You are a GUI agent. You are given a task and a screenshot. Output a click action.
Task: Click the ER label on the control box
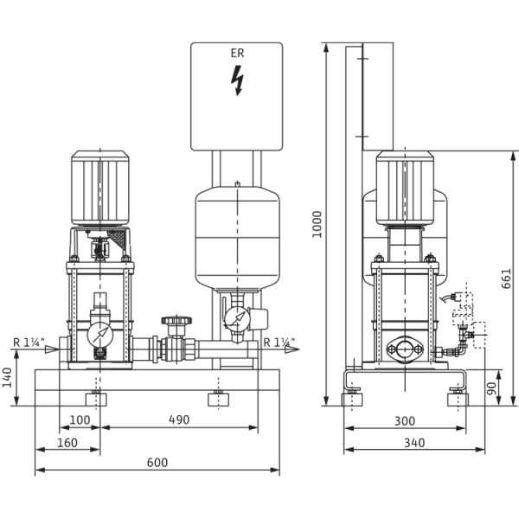tap(236, 54)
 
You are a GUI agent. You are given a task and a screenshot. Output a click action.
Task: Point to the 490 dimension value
tap(178, 420)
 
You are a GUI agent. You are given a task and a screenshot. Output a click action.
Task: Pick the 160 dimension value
tap(66, 442)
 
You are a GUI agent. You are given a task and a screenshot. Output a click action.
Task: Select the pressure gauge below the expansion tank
tap(232, 318)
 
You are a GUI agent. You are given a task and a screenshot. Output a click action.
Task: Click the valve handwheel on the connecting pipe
tap(179, 322)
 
